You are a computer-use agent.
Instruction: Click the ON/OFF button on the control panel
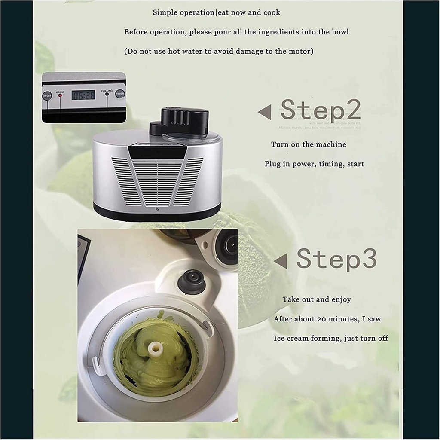(x=47, y=95)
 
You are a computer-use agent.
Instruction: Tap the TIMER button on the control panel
(x=120, y=94)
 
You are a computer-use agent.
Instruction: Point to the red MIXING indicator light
(x=60, y=95)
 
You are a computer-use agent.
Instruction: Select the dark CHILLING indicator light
(x=107, y=95)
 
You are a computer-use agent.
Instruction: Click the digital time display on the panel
(x=83, y=95)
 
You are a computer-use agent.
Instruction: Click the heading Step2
(x=320, y=111)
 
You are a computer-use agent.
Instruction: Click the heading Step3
(x=336, y=259)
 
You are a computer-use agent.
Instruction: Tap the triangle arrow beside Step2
(x=265, y=113)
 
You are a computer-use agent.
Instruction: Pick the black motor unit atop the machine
(x=184, y=121)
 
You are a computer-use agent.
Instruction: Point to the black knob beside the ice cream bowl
(x=192, y=281)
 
